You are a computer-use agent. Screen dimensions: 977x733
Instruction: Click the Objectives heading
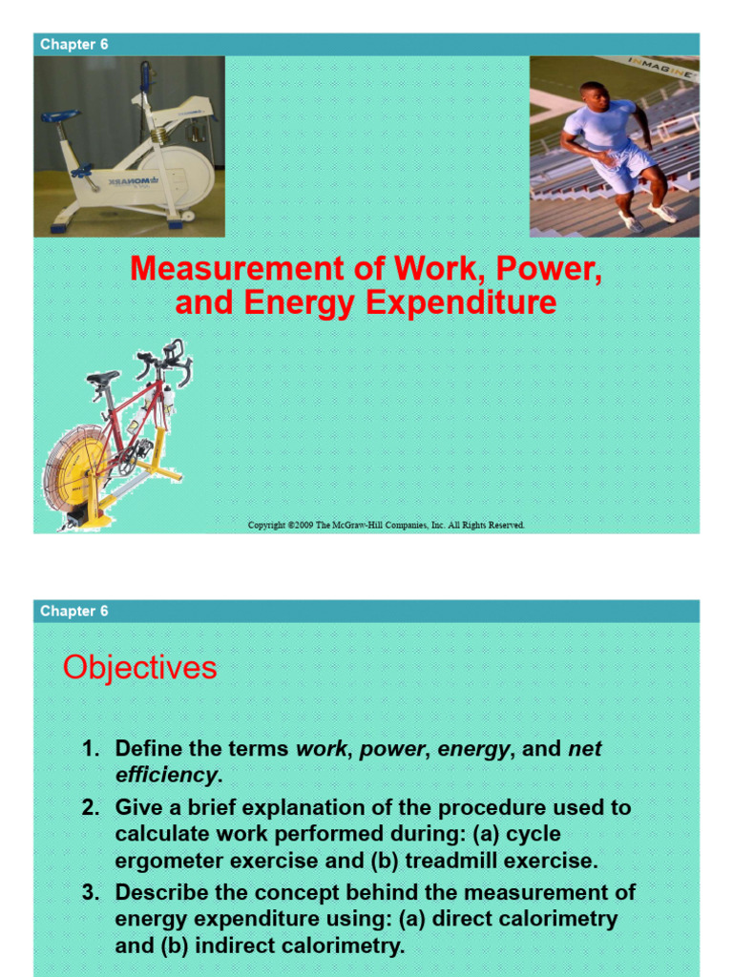[139, 668]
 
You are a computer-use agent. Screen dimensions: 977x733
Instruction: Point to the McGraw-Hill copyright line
[386, 525]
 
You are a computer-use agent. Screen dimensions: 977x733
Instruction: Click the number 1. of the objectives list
[91, 749]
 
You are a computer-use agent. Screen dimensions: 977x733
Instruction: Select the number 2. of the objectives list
[91, 807]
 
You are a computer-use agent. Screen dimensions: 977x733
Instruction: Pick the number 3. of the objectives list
[91, 892]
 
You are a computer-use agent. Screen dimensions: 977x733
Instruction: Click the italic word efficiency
[166, 774]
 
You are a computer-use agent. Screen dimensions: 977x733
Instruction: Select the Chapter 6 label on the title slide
[68, 44]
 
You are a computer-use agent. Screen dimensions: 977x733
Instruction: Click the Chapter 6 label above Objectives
[68, 611]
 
